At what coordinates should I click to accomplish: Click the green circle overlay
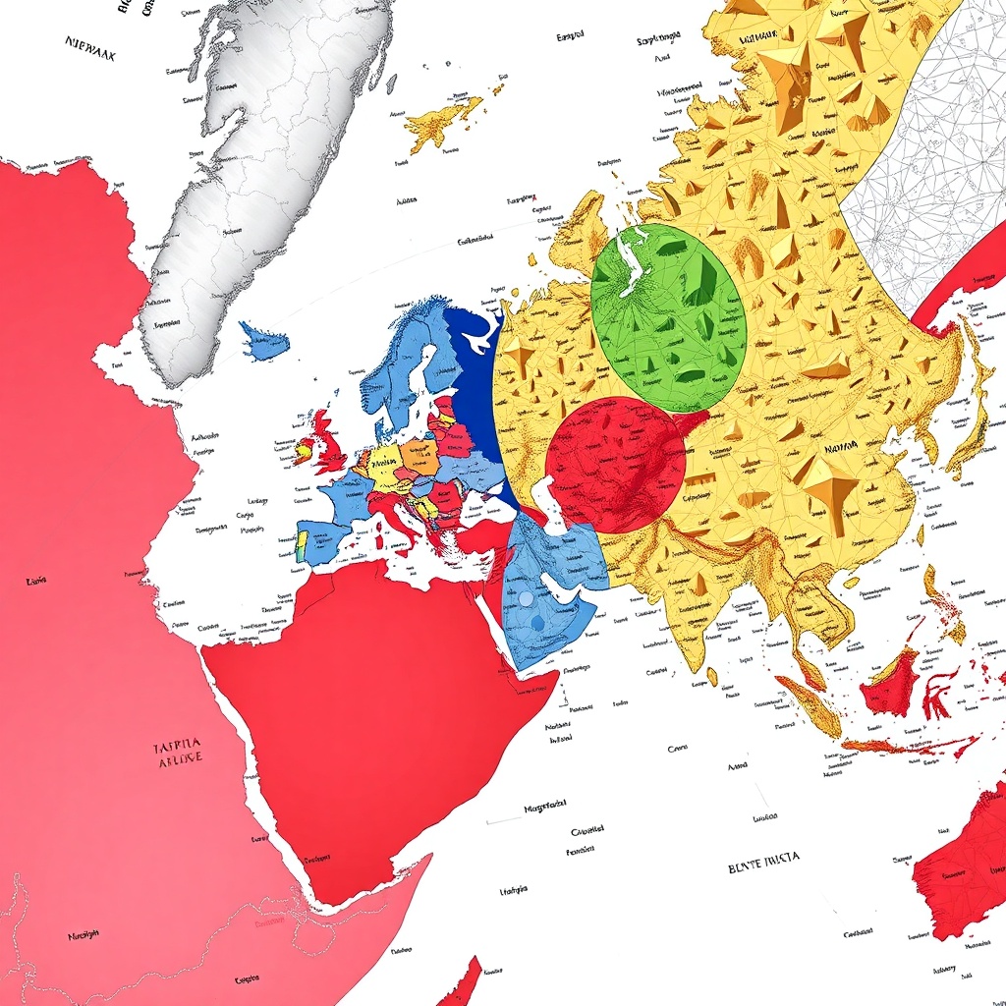(x=668, y=316)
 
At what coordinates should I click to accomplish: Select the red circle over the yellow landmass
(x=615, y=465)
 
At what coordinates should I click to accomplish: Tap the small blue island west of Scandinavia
(x=264, y=343)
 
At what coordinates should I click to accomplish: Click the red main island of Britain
(x=329, y=447)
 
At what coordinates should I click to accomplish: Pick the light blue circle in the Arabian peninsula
(x=526, y=598)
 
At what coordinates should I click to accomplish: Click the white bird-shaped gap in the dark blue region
(x=480, y=339)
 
